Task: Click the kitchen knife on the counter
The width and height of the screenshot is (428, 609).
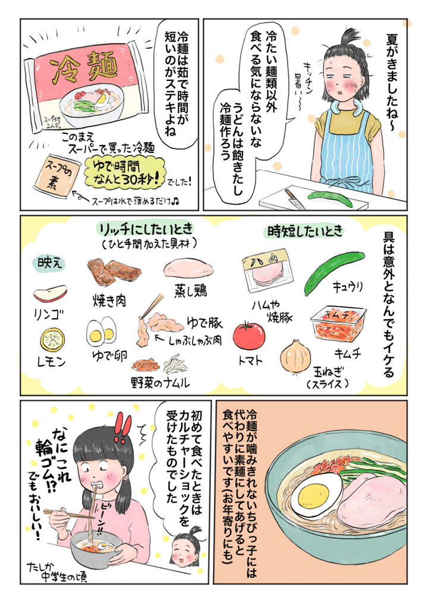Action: click(294, 198)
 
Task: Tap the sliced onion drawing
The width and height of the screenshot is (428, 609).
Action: click(294, 356)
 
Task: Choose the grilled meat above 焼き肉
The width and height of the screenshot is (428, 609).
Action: click(114, 274)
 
